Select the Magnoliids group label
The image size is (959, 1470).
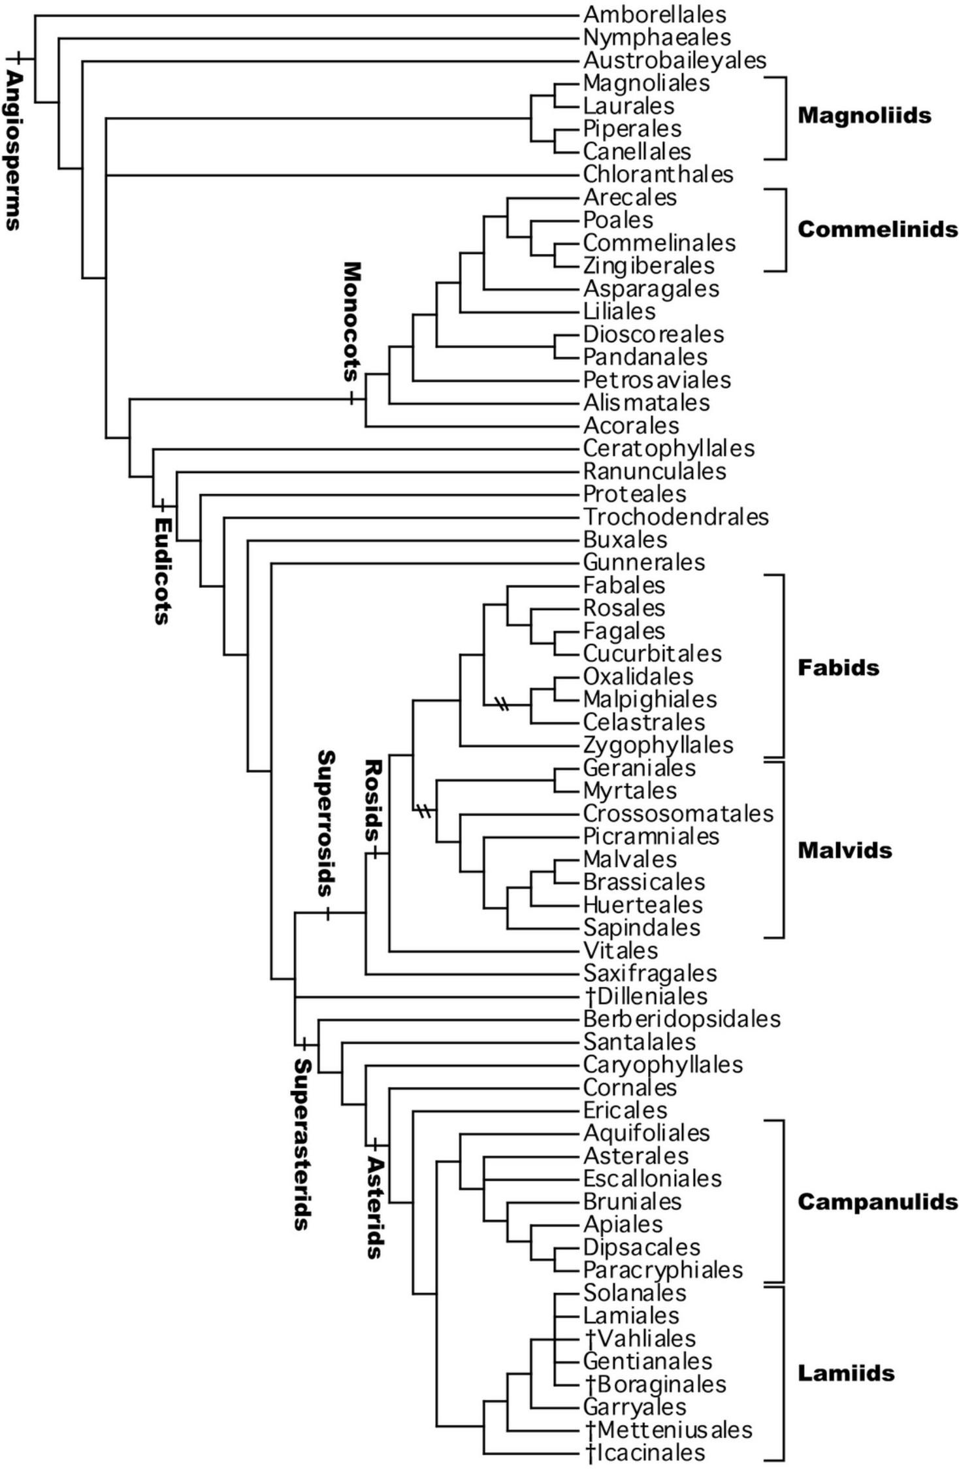click(x=864, y=116)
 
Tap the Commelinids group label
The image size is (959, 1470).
click(x=877, y=229)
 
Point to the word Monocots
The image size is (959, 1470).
click(x=351, y=321)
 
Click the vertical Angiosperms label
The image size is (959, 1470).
click(x=14, y=150)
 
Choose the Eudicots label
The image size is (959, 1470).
click(x=163, y=570)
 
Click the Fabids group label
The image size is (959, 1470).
click(x=838, y=668)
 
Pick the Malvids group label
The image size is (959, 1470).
click(x=845, y=850)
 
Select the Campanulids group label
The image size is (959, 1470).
click(x=877, y=1201)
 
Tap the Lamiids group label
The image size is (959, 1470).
click(x=846, y=1373)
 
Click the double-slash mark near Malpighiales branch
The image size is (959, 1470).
click(x=502, y=704)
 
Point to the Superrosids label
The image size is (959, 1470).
click(x=326, y=823)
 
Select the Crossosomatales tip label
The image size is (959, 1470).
click(x=678, y=813)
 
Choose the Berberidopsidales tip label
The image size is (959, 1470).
click(x=681, y=1019)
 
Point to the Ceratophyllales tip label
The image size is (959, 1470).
click(x=668, y=448)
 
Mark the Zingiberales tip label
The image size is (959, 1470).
click(x=649, y=266)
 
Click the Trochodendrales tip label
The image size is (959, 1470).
click(x=675, y=517)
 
